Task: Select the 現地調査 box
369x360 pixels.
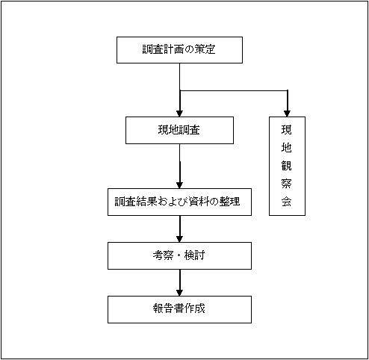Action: tap(179, 130)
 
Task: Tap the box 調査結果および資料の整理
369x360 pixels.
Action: tap(179, 202)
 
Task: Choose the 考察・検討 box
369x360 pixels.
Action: tap(179, 255)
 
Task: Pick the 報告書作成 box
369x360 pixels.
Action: tap(179, 309)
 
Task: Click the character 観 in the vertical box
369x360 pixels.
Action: tap(286, 166)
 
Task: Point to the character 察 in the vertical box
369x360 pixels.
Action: tap(286, 184)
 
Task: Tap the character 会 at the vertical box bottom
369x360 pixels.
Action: tap(286, 202)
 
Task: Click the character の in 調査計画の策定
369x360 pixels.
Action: tap(190, 51)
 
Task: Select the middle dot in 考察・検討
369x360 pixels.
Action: tap(180, 255)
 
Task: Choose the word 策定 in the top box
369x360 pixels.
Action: tap(208, 51)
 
